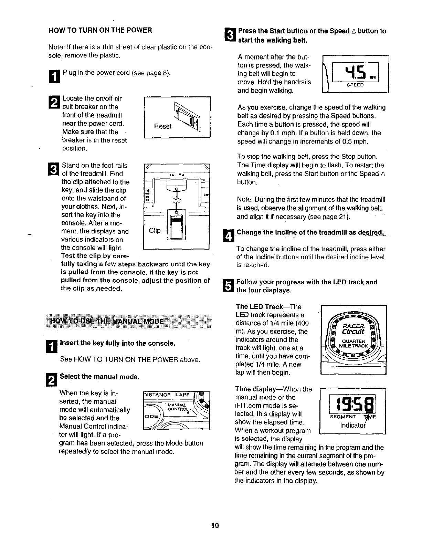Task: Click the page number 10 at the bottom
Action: [215, 526]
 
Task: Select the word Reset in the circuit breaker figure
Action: [162, 126]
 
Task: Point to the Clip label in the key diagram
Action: [155, 230]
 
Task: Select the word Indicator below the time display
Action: [352, 425]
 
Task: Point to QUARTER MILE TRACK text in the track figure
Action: [354, 343]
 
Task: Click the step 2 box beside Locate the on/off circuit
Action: [56, 102]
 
